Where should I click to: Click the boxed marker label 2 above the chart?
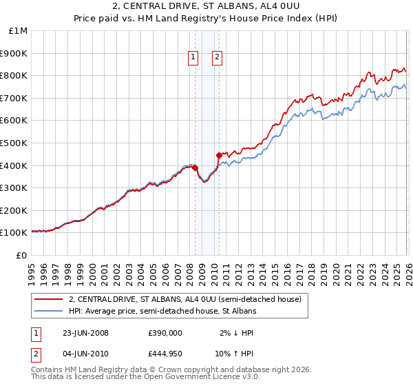pos(217,58)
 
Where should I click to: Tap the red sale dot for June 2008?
pos(195,167)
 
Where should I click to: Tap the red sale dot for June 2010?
pos(219,155)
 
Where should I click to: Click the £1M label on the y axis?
pos(18,31)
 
